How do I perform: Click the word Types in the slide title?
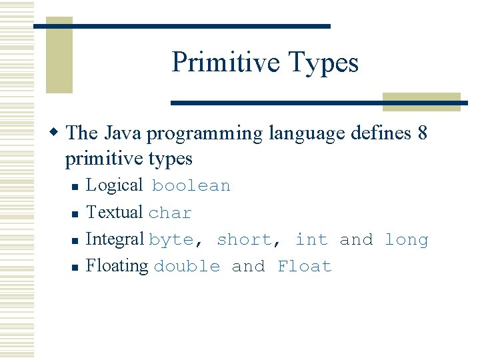coord(324,62)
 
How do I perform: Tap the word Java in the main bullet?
coord(123,133)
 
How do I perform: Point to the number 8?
coord(421,133)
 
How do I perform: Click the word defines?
coord(379,133)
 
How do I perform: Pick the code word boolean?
coord(191,186)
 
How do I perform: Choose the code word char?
coord(170,213)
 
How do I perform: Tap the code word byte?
coord(171,239)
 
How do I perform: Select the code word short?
coord(245,239)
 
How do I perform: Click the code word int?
coord(311,239)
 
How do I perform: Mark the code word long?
coord(407,239)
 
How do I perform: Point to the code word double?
coord(187,266)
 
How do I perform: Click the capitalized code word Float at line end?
coord(305,266)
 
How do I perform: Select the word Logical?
coord(114,185)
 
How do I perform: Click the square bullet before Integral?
coord(76,241)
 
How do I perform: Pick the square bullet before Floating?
coord(76,267)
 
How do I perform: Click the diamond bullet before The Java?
coord(57,133)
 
